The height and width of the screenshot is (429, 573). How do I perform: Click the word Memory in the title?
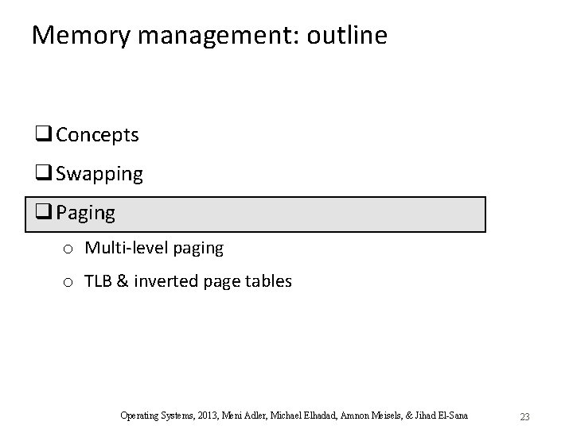(x=72, y=35)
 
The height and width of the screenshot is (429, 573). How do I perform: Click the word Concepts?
(x=97, y=135)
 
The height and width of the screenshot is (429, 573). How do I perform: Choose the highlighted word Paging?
(x=85, y=214)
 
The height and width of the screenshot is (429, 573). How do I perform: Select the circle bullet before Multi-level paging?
(x=68, y=249)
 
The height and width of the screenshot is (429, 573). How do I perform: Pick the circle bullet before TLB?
(x=68, y=282)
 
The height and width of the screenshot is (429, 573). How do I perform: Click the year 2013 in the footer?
(x=205, y=415)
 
